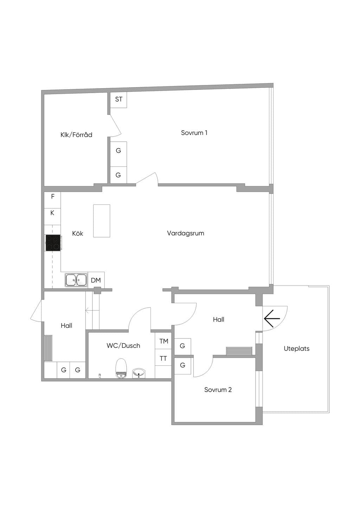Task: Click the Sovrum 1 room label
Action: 194,133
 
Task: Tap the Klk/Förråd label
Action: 76,135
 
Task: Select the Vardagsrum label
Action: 186,233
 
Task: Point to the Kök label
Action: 78,233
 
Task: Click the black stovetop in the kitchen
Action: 53,243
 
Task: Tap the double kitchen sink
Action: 76,280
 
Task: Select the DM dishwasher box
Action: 96,280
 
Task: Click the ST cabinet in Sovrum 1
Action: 118,99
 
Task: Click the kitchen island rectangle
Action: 102,221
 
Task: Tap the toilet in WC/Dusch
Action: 121,368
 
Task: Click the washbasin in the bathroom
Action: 139,373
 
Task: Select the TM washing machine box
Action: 163,341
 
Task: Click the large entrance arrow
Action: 272,318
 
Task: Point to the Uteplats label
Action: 297,348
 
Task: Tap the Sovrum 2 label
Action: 218,390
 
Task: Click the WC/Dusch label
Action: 123,346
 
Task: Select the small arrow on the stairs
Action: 89,309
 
